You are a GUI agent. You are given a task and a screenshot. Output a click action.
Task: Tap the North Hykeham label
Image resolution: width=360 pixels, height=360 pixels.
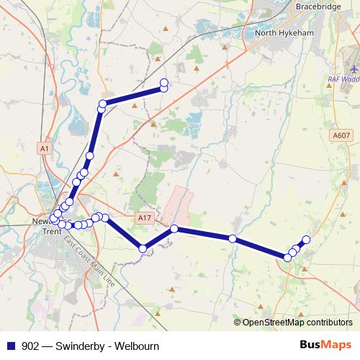tap(286, 33)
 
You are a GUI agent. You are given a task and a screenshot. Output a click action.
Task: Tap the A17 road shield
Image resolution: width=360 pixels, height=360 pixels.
tap(144, 217)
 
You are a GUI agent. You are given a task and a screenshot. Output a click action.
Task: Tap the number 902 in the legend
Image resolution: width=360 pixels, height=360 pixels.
tap(31, 346)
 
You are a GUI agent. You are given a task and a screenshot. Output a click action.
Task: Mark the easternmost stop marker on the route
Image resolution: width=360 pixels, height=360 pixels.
tap(306, 239)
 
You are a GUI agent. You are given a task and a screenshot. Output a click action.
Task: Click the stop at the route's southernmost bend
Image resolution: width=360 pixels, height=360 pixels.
tap(143, 248)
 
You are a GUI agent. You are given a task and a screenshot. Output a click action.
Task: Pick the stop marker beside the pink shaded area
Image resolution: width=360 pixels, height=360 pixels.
tap(174, 229)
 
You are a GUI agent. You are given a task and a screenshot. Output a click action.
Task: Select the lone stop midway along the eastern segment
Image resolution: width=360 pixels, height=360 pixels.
tap(233, 238)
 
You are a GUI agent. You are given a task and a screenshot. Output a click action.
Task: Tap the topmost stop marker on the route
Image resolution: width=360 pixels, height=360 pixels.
tap(163, 82)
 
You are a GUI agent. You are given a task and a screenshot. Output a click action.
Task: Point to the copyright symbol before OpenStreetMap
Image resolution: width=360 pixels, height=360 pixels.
tap(238, 323)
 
